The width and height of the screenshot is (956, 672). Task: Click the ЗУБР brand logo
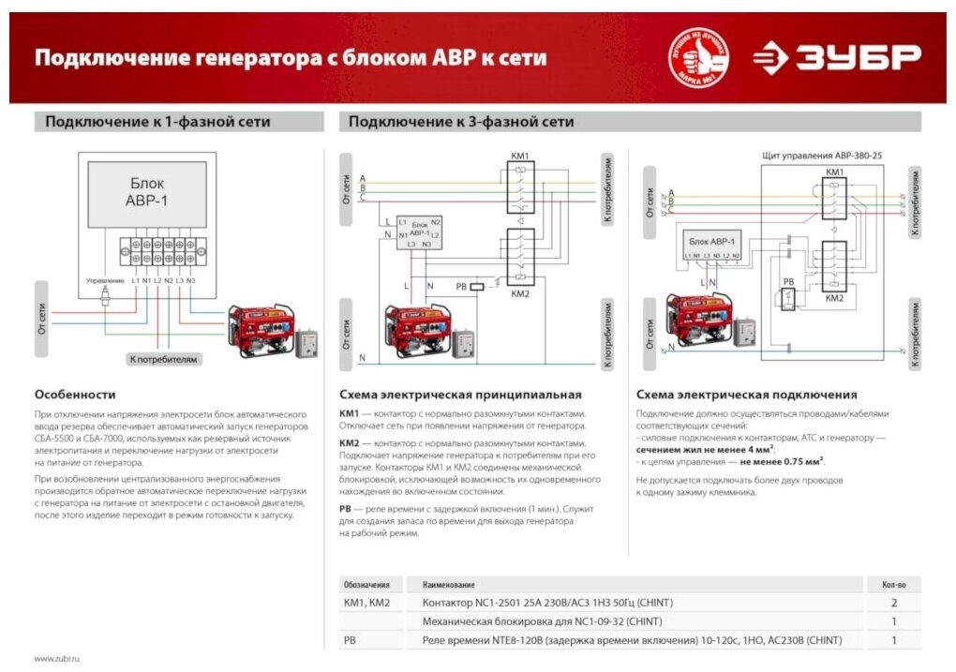[837, 57]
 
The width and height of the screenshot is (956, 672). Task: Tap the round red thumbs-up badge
[697, 58]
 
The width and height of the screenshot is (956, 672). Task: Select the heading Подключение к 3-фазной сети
[461, 122]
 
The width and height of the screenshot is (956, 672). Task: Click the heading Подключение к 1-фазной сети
[157, 122]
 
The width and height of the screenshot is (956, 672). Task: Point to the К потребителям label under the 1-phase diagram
[164, 359]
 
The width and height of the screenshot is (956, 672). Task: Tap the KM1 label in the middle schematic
[520, 156]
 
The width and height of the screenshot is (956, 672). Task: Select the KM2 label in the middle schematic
[520, 292]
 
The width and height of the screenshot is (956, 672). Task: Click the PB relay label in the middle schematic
[460, 286]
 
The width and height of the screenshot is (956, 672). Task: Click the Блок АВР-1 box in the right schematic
[713, 241]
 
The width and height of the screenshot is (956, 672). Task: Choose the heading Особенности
[75, 395]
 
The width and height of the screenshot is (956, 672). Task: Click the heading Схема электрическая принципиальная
[460, 395]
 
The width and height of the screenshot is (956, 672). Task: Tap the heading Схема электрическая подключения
[746, 395]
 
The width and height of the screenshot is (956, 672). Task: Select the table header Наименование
[448, 584]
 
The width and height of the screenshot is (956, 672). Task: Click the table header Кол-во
[893, 584]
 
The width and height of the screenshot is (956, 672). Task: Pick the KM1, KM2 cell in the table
[366, 603]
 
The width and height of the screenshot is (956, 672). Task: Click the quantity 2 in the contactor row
[893, 603]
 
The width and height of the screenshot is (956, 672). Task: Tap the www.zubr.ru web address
[57, 659]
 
